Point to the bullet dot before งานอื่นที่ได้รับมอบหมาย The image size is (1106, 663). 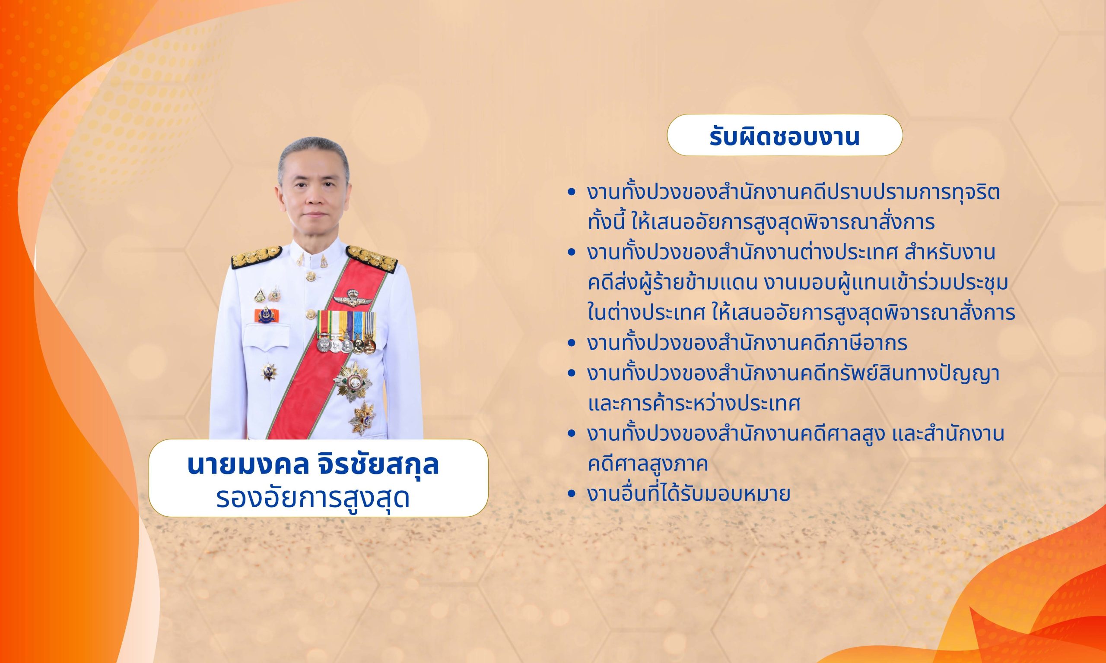point(570,494)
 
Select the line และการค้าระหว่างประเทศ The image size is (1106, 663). point(694,404)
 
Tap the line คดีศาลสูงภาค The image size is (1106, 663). point(648,464)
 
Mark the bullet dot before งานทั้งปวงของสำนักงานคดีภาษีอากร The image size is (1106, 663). point(570,344)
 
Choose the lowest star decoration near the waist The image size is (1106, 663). point(362,418)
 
